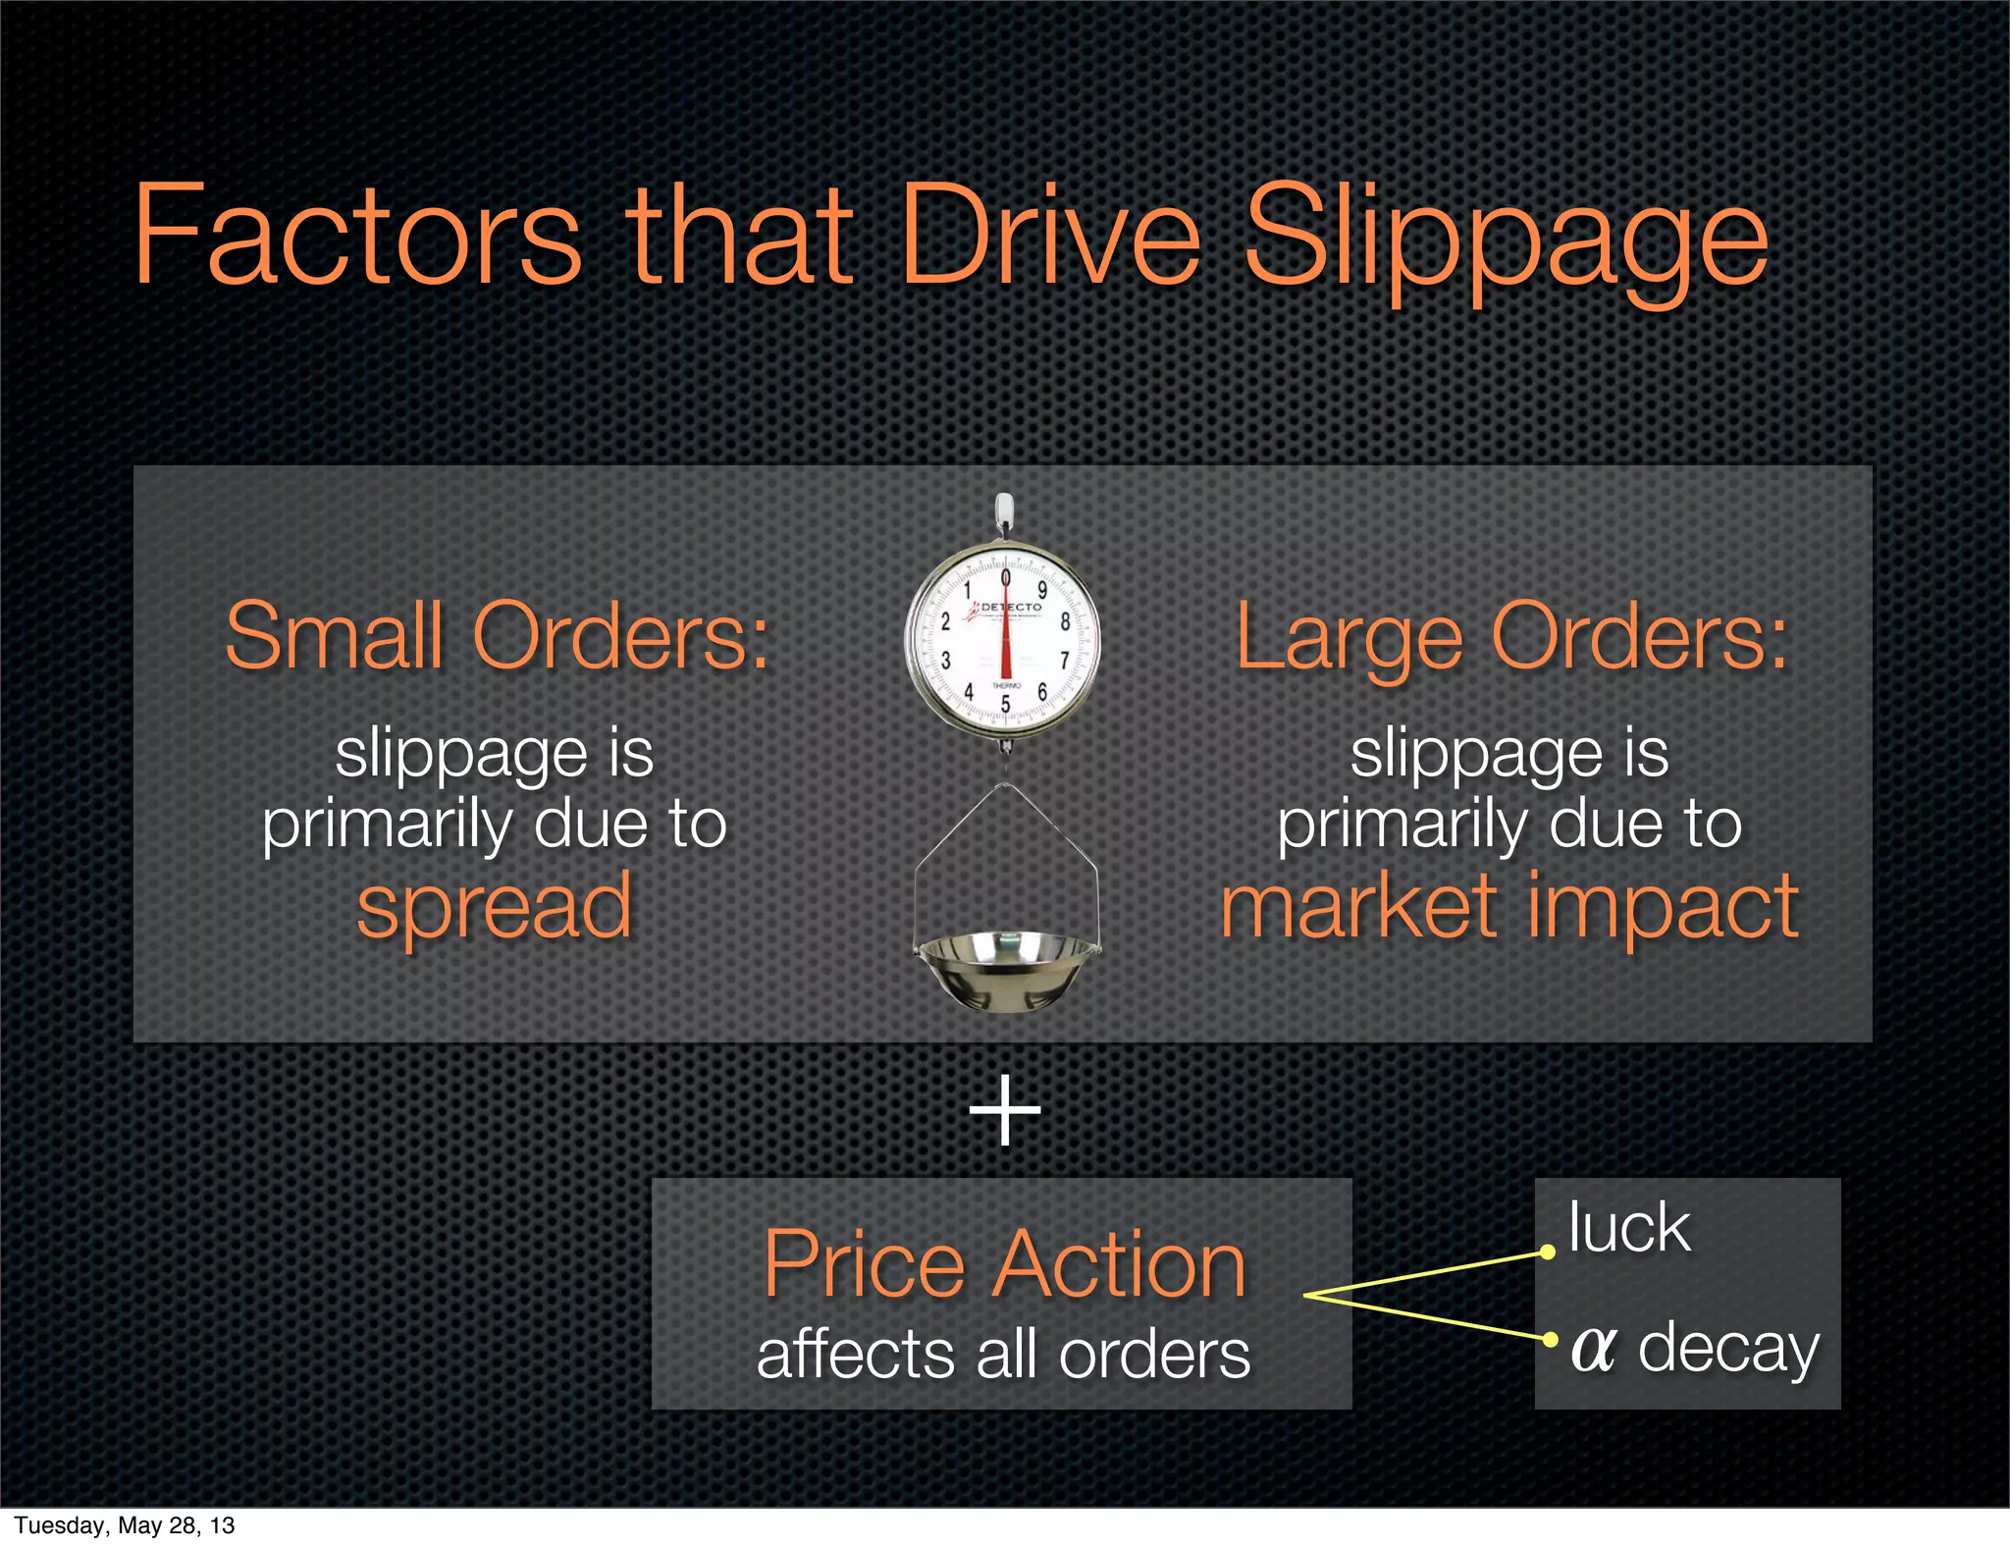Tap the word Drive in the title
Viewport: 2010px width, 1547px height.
point(1050,236)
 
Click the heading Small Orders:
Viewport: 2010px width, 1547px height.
point(497,638)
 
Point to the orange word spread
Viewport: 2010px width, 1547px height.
point(494,907)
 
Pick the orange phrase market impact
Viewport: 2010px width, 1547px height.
point(1509,907)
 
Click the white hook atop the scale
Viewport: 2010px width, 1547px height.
point(1003,510)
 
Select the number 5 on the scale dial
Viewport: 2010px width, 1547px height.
point(1005,704)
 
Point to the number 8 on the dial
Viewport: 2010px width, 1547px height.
point(1064,621)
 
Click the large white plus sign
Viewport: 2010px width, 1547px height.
point(1004,1110)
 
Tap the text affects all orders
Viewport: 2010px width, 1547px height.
point(1004,1355)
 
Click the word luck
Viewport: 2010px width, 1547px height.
point(1629,1228)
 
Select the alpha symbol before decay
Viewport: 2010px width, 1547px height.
point(1593,1349)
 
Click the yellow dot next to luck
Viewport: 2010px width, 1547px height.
point(1548,1253)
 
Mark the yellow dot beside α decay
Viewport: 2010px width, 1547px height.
point(1550,1339)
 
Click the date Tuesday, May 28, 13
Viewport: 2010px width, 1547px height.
point(125,1525)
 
